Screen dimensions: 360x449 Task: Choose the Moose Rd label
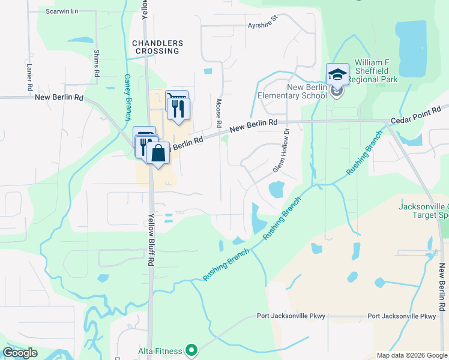pos(219,113)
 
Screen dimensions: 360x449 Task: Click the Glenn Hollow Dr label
pos(281,150)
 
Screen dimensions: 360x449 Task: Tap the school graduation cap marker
pos(337,75)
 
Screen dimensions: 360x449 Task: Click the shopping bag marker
pos(158,153)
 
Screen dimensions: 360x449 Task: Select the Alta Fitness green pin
pos(191,349)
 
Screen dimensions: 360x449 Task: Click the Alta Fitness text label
pos(161,349)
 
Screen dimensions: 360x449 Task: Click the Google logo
pos(20,353)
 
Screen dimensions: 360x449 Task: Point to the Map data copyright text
pos(412,355)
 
